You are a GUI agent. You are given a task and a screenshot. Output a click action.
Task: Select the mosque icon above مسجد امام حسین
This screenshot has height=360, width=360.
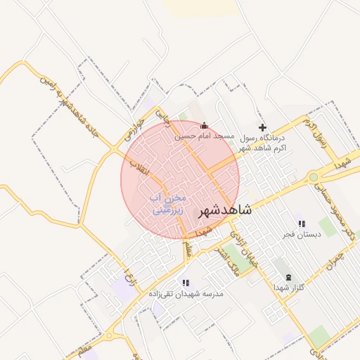205,125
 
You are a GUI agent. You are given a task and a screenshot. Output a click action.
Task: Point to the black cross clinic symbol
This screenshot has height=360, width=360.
263,127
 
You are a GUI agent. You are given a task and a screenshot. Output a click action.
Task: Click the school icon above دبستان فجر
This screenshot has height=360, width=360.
302,224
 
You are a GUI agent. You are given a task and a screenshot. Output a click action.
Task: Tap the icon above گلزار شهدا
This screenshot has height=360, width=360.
288,277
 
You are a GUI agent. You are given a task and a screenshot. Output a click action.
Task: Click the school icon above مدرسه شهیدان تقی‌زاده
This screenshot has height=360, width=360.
186,283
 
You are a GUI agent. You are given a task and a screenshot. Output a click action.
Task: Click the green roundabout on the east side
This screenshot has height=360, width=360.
313,177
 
